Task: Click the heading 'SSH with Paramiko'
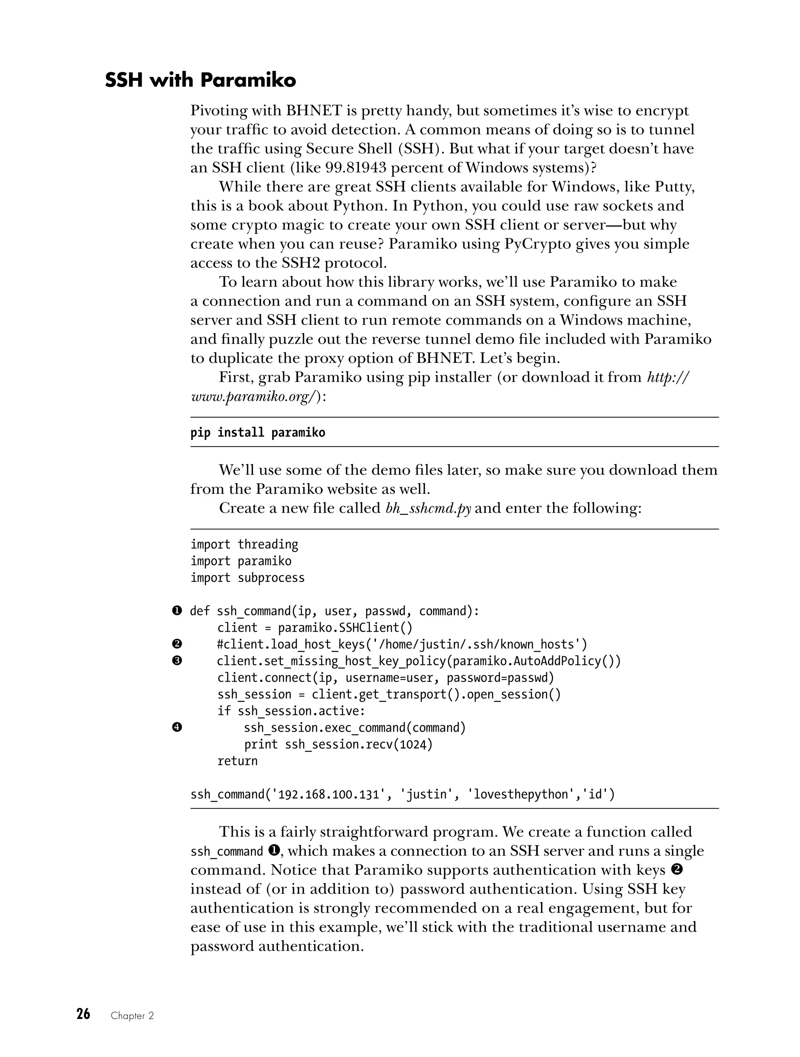(200, 80)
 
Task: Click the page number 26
(83, 1027)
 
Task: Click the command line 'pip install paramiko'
(257, 433)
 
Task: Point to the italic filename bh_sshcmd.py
(428, 508)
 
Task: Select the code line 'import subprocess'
(247, 578)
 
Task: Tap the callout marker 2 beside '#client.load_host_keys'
(177, 645)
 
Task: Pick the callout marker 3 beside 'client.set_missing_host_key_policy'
(177, 661)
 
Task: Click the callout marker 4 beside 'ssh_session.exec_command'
(177, 728)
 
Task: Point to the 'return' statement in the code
(237, 761)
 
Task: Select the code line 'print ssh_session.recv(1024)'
(338, 745)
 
